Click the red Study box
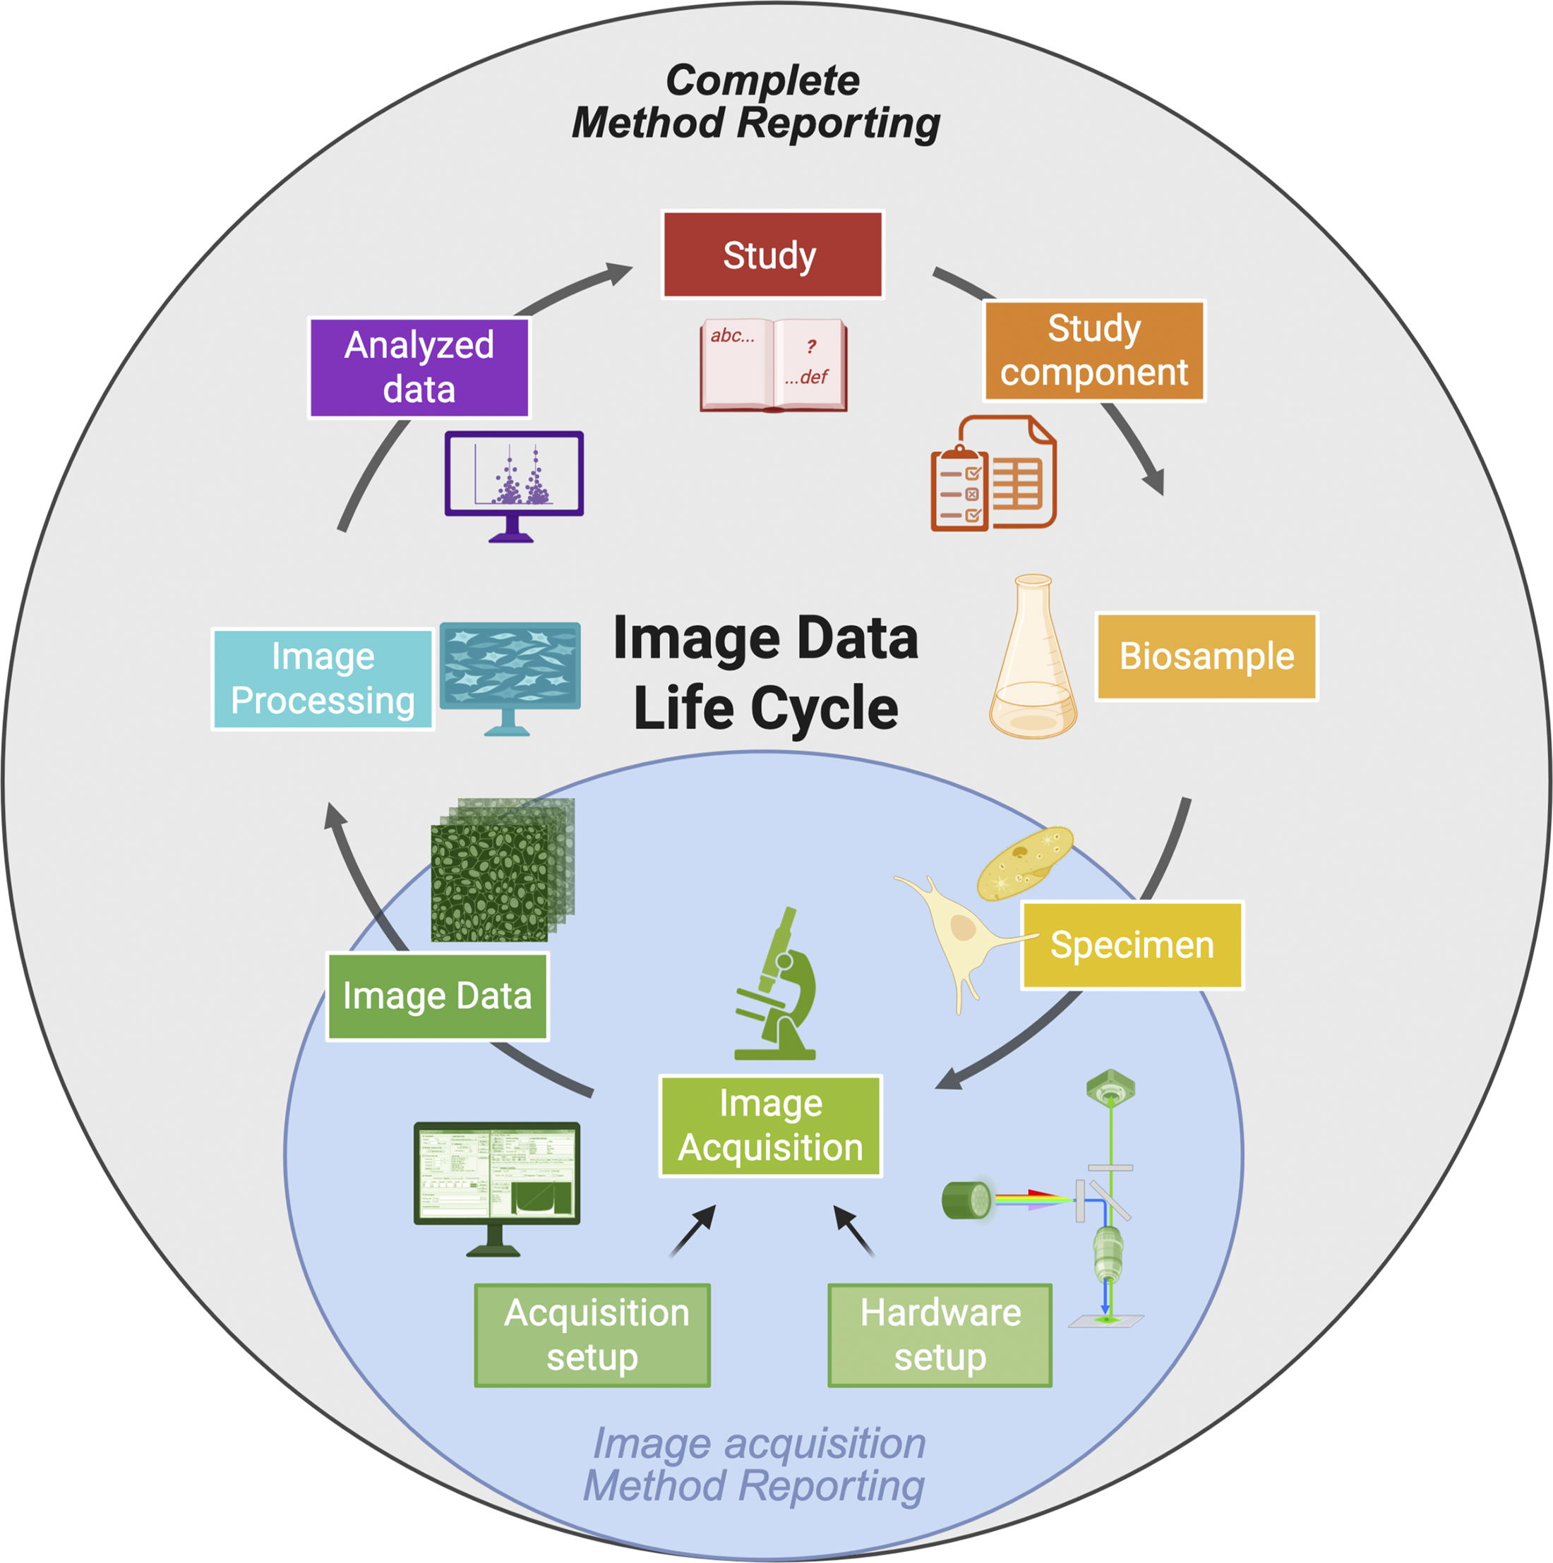[772, 255]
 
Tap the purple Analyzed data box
[419, 368]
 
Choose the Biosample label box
[1206, 656]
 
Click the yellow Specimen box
[1132, 945]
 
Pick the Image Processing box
[323, 679]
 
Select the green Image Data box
[437, 996]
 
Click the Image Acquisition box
[770, 1126]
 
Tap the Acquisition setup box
[592, 1335]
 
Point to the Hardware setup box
[940, 1335]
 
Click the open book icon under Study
[774, 366]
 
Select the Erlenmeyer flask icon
[1033, 656]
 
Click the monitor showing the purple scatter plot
[514, 486]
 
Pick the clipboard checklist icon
[960, 488]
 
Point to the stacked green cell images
[503, 869]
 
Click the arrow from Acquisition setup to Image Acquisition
[692, 1231]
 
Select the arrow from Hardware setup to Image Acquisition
[853, 1231]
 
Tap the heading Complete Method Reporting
[757, 102]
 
